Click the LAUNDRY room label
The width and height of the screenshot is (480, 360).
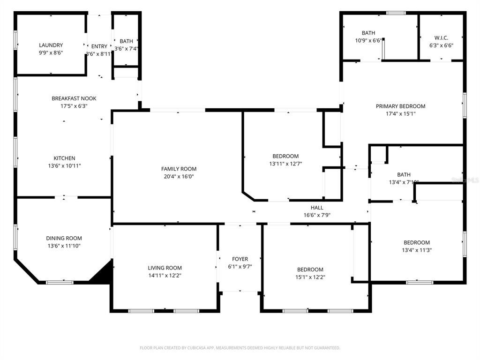51,45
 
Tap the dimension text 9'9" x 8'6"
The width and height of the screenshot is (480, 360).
51,53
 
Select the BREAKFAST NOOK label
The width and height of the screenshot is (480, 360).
74,98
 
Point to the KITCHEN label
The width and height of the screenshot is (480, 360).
64,158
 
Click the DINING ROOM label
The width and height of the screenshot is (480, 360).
64,238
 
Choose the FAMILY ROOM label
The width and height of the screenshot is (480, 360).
179,169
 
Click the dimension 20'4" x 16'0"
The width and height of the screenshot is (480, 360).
179,176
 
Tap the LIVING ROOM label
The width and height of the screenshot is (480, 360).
165,268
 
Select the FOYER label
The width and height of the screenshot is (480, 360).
240,259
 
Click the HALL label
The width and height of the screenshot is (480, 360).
317,208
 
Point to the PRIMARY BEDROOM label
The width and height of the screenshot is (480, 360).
400,106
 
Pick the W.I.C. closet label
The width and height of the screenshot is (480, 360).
441,37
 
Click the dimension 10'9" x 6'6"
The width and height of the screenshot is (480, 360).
368,40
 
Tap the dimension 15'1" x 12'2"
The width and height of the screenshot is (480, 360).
310,277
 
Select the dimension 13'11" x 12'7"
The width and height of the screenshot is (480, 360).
285,164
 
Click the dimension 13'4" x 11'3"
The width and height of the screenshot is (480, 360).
417,250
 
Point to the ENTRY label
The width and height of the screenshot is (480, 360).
99,46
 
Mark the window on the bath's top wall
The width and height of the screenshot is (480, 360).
396,13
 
